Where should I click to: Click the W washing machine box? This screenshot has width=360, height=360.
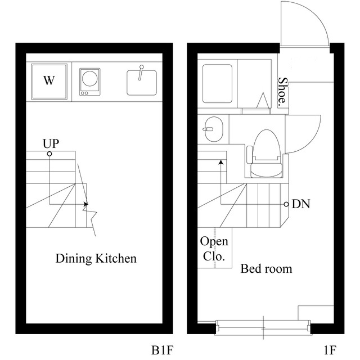[49, 81]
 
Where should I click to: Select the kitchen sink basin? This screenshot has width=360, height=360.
[140, 82]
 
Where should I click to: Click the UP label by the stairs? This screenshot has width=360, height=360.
[51, 143]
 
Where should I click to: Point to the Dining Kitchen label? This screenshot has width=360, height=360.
[96, 259]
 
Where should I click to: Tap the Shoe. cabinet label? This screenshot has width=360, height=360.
[283, 92]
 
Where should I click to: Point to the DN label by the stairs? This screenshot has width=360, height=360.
[301, 204]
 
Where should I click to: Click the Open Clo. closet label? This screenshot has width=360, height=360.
[214, 250]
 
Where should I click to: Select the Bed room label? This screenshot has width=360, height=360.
[266, 269]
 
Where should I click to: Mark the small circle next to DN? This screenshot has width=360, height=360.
[286, 204]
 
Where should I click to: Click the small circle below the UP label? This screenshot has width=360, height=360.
[49, 154]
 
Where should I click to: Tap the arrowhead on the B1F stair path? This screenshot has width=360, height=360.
[85, 204]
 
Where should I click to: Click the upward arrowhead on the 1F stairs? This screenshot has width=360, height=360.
[221, 162]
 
